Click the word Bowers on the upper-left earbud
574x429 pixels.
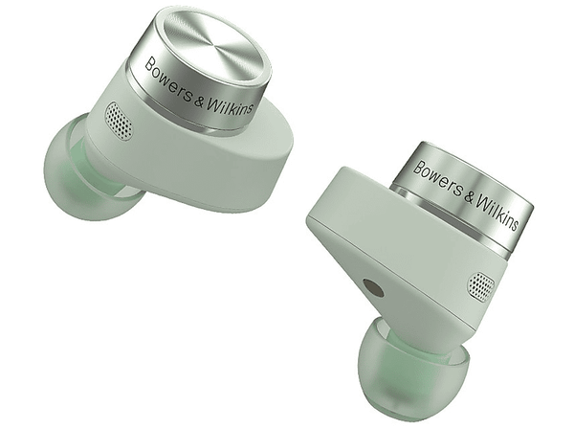168,82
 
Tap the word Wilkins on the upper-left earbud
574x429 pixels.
230,106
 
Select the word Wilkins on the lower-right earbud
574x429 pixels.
497,213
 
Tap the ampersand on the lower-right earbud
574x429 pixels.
469,196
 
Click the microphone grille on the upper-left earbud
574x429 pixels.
120,121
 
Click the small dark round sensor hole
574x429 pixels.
373,287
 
